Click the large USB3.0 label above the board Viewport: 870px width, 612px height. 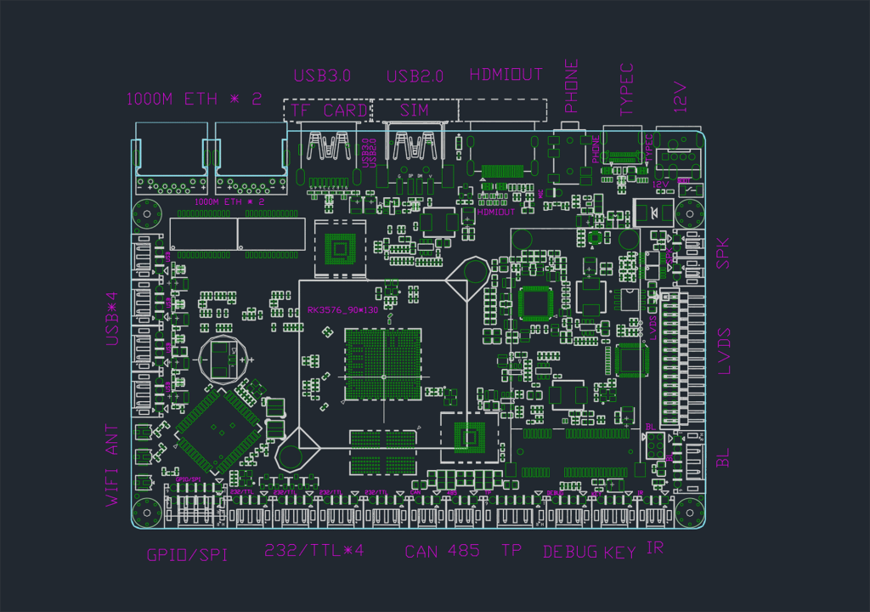click(322, 76)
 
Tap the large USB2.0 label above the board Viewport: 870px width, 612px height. click(415, 76)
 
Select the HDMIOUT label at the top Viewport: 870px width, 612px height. click(506, 75)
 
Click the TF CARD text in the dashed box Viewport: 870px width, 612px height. click(329, 110)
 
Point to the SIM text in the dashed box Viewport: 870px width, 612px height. click(415, 110)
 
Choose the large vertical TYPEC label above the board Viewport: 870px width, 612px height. click(627, 89)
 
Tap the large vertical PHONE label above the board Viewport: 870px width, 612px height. click(572, 86)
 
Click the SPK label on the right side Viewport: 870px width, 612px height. click(723, 252)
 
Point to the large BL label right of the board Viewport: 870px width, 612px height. click(723, 458)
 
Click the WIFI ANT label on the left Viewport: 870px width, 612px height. click(114, 466)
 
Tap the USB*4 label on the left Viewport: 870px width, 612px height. click(113, 319)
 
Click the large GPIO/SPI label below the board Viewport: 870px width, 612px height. click(187, 555)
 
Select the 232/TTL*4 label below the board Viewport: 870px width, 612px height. click(314, 550)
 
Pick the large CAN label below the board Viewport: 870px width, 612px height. click(421, 551)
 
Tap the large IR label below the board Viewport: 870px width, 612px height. click(654, 549)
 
